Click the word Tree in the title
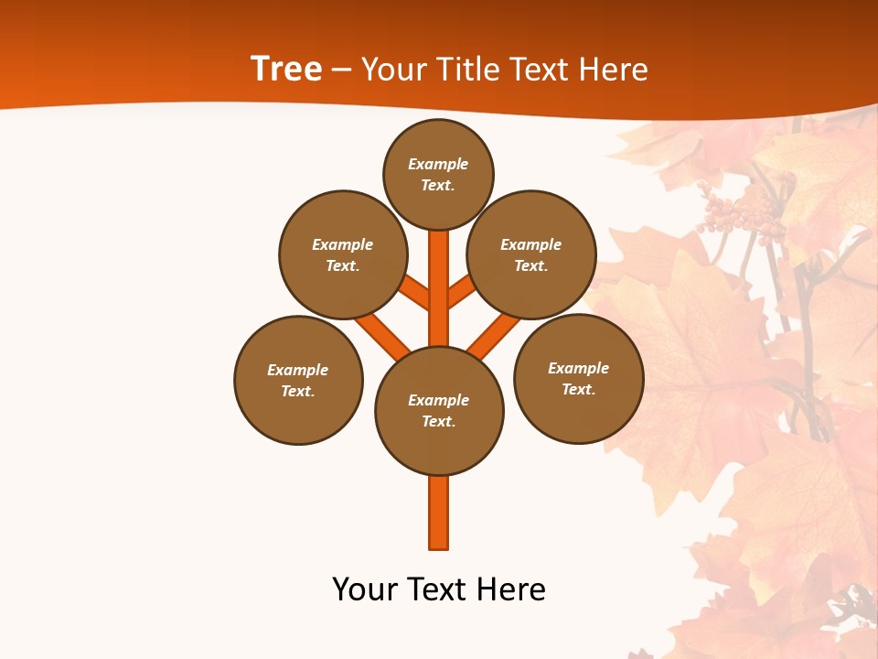286,69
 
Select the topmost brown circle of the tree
438,174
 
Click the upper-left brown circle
342,254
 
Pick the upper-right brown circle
531,254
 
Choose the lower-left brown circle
298,380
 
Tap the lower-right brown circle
579,378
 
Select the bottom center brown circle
439,411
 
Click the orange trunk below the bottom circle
439,513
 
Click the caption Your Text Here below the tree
439,589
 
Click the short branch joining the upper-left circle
415,292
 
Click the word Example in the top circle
438,165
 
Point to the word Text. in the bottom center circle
438,422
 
